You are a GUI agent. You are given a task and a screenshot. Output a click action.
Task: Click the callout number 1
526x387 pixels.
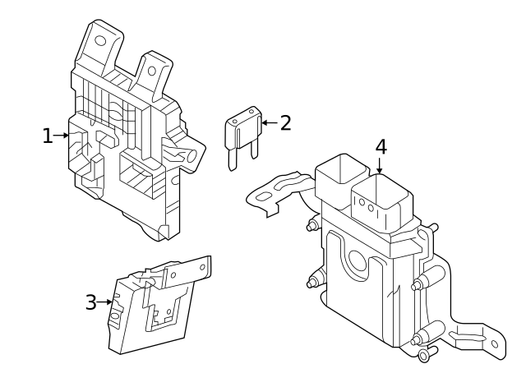tap(48, 136)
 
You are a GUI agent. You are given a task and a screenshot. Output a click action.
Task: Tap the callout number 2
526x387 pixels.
tap(285, 122)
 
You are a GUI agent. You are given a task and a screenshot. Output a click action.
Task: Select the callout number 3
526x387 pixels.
tap(91, 302)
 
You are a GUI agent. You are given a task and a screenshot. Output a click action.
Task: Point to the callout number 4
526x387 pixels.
tap(381, 147)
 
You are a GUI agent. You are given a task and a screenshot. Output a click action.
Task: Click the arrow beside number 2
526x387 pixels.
tap(270, 122)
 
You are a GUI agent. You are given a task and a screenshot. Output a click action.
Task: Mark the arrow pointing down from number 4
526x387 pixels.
tap(380, 166)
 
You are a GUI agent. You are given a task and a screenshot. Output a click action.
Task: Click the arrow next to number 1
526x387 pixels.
tap(61, 136)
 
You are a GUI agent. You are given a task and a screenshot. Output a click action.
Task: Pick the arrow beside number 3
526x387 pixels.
tap(104, 302)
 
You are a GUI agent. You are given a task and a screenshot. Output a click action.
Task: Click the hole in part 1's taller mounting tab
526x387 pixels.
tap(100, 41)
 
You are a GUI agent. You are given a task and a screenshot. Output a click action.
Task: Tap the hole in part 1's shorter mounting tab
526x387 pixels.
tap(151, 71)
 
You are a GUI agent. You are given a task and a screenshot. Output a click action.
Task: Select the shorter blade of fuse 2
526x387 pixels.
tap(254, 150)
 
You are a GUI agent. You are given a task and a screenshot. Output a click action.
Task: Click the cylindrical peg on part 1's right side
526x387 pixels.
tap(190, 156)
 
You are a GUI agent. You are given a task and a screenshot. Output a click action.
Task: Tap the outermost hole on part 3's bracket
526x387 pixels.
tap(202, 267)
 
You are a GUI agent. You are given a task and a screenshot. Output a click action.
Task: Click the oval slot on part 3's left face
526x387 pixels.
tap(115, 316)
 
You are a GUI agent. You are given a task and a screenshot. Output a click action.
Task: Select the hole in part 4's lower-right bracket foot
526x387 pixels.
tap(495, 344)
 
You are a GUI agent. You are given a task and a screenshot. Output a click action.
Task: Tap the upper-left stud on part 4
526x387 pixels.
tap(312, 225)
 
